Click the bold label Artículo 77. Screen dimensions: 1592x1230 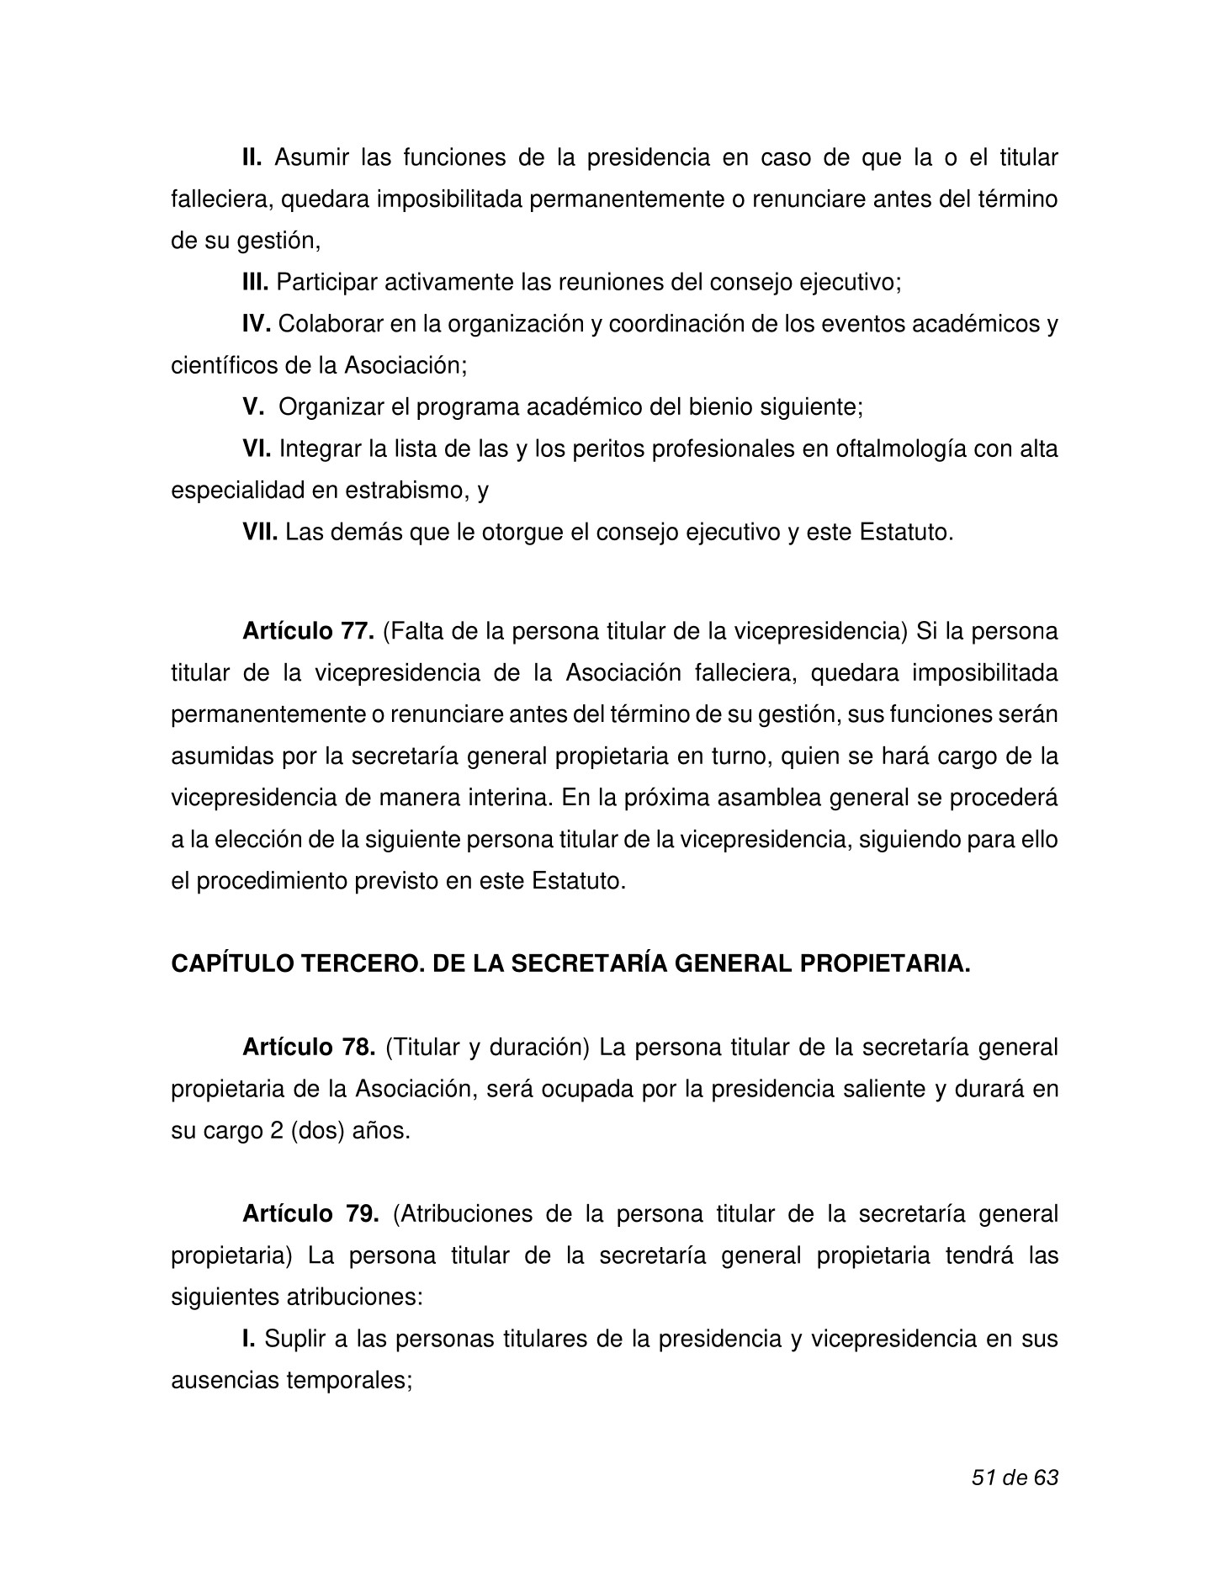308,632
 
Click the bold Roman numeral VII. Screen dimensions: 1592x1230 260,532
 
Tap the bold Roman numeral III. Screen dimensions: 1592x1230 255,283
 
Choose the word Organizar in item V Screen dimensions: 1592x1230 331,407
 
